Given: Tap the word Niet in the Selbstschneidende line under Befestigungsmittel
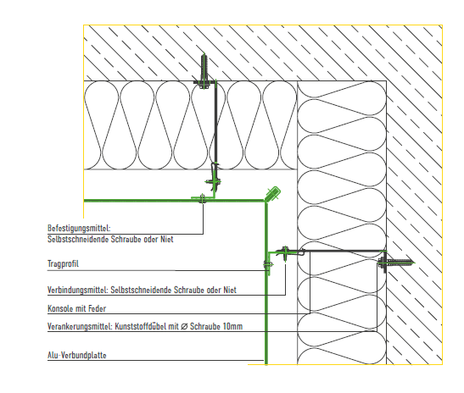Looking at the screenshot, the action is [x=167, y=239].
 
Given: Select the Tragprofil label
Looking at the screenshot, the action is [x=63, y=263].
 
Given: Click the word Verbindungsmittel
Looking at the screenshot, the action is [x=78, y=291].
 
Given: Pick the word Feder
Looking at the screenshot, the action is [x=97, y=309].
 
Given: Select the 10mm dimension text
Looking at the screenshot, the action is [x=232, y=327].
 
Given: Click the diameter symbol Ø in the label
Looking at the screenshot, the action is [x=184, y=327].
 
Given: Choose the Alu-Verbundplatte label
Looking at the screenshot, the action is [x=77, y=355].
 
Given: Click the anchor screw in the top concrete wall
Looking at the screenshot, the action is [x=204, y=71].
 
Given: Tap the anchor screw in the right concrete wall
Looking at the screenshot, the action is [x=395, y=262].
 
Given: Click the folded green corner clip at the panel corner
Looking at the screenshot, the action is [x=273, y=194].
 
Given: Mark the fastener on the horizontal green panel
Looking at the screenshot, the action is [x=202, y=199].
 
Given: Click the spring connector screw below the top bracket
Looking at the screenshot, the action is [x=215, y=181].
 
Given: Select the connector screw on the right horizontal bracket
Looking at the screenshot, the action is [x=285, y=252].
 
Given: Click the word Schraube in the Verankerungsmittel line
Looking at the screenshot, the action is [x=204, y=327].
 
